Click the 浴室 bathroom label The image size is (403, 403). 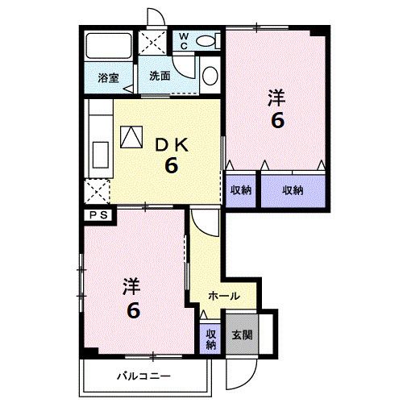109,77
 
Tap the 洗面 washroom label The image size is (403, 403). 160,77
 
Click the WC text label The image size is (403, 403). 184,39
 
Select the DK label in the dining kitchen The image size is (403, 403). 171,145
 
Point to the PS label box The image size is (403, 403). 98,214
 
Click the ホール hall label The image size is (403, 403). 223,296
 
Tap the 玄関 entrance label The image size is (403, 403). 241,335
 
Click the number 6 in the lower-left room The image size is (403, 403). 134,310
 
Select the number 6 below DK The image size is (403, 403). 171,166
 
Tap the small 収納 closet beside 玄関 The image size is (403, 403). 210,339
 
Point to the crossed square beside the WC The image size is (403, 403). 152,42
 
